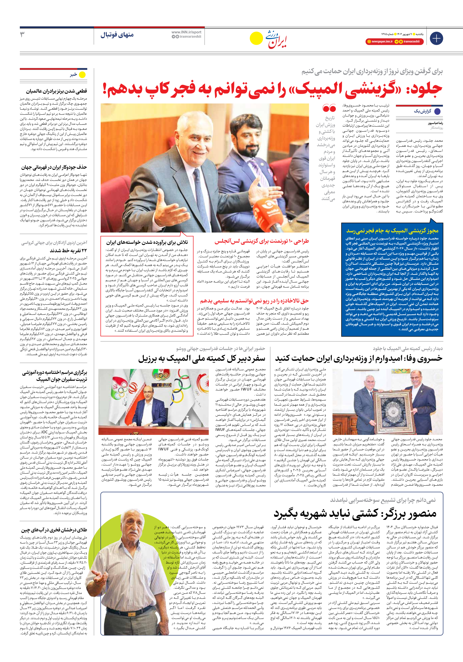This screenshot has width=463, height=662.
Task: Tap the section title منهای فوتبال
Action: tap(117, 35)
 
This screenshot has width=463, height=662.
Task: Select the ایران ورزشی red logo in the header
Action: tap(276, 39)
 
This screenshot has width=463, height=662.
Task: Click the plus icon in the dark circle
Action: tap(436, 38)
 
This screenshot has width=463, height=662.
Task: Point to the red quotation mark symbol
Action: tap(329, 108)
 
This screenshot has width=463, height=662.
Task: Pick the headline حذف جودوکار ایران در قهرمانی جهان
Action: tap(54, 167)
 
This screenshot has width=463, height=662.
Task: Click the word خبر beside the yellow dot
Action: tap(74, 75)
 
